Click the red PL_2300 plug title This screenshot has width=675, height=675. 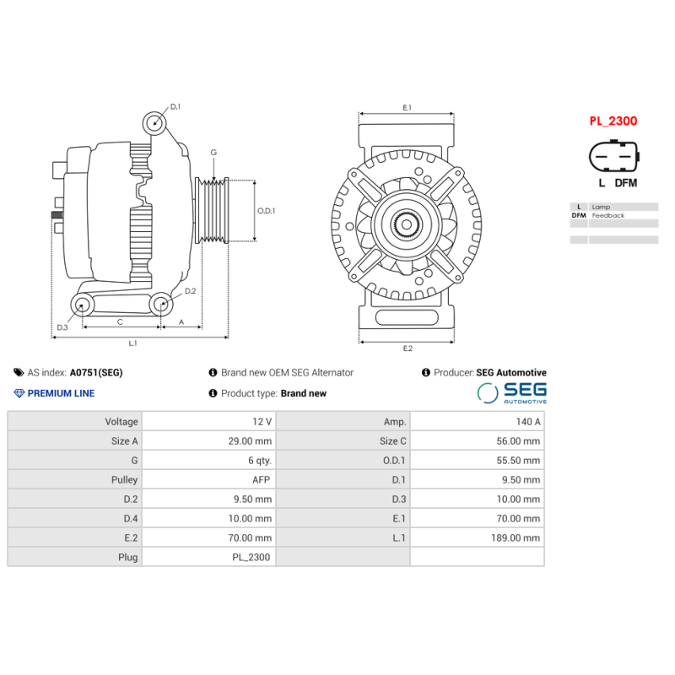(x=613, y=121)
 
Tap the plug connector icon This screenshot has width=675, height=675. (x=613, y=157)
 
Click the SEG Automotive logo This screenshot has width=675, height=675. (x=512, y=393)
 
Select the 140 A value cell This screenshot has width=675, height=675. (x=477, y=421)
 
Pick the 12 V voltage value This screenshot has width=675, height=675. (x=208, y=421)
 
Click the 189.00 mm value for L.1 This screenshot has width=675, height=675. (x=477, y=537)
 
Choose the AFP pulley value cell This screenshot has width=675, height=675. (x=208, y=479)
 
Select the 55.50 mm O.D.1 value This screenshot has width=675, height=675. (x=477, y=460)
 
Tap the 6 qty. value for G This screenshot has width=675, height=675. (x=208, y=460)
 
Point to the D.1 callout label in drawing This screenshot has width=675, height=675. (x=175, y=107)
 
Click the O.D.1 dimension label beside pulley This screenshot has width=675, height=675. (x=266, y=211)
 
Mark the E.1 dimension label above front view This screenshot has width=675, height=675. (x=407, y=107)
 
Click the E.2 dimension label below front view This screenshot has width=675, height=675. (x=408, y=348)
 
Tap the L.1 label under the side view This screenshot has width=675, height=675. (x=132, y=343)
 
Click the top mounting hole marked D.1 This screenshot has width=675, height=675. (x=154, y=122)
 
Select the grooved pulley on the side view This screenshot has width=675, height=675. (x=213, y=211)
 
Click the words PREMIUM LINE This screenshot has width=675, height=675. (x=61, y=393)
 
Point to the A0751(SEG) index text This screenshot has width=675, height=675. (x=95, y=372)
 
